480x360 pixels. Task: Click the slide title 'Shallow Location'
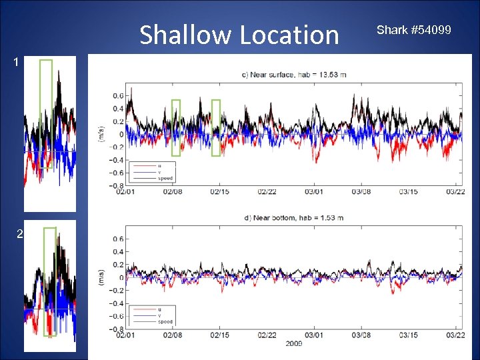point(239,35)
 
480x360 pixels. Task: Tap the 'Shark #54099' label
point(413,30)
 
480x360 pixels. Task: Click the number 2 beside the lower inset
point(19,234)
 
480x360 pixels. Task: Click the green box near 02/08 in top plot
point(176,127)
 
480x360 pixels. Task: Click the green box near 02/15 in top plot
point(216,127)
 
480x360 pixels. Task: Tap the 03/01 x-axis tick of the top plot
point(314,192)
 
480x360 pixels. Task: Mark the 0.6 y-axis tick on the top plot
point(117,95)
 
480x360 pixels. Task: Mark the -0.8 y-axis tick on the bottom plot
point(116,329)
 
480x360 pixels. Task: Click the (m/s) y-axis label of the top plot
point(101,134)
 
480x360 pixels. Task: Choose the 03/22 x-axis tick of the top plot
point(455,192)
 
